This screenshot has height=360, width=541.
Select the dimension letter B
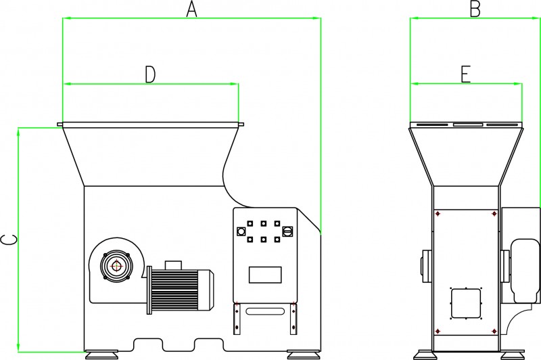coord(475,9)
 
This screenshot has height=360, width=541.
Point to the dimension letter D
coord(150,74)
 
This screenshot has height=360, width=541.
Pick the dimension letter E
coord(465,74)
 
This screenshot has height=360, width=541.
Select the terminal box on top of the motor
coord(173,264)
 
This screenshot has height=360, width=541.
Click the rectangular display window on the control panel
coord(265,275)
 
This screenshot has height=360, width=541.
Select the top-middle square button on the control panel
coord(263,223)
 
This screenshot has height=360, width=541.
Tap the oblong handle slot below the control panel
coord(264,311)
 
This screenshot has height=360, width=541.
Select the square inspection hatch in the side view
coord(465,302)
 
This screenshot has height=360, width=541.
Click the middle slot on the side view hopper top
coord(467,125)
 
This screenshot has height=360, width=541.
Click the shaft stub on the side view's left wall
coord(425,264)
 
